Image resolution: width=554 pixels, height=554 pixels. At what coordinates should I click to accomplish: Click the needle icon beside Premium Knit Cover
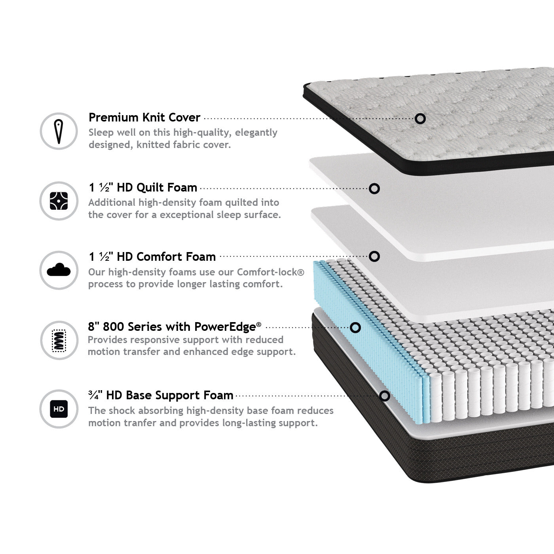pyautogui.click(x=59, y=131)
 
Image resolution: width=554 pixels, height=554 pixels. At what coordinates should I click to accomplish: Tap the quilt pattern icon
pyautogui.click(x=59, y=201)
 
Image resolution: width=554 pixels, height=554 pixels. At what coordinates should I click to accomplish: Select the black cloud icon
pyautogui.click(x=59, y=269)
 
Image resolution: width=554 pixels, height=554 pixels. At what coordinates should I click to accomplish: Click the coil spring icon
pyautogui.click(x=59, y=340)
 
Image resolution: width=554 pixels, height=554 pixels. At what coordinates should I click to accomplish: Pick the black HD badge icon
pyautogui.click(x=59, y=409)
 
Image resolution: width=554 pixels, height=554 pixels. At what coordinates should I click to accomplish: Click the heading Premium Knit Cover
pyautogui.click(x=144, y=117)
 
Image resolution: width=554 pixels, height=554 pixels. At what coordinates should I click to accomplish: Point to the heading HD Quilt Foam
pyautogui.click(x=157, y=188)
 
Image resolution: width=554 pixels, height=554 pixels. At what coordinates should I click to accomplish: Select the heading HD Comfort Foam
pyautogui.click(x=166, y=257)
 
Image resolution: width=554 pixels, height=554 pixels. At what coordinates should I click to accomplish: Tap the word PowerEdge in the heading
pyautogui.click(x=225, y=326)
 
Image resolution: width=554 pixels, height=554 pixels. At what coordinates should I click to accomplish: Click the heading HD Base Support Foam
pyautogui.click(x=170, y=395)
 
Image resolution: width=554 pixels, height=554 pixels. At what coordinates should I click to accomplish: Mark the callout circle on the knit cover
pyautogui.click(x=420, y=118)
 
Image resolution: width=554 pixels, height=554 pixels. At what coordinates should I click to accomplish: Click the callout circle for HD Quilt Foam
pyautogui.click(x=374, y=189)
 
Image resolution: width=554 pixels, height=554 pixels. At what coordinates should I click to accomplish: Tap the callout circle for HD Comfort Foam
pyautogui.click(x=374, y=256)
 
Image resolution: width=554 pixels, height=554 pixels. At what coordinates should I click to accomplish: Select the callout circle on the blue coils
pyautogui.click(x=355, y=328)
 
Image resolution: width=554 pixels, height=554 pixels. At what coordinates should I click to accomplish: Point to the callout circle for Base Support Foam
pyautogui.click(x=384, y=396)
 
